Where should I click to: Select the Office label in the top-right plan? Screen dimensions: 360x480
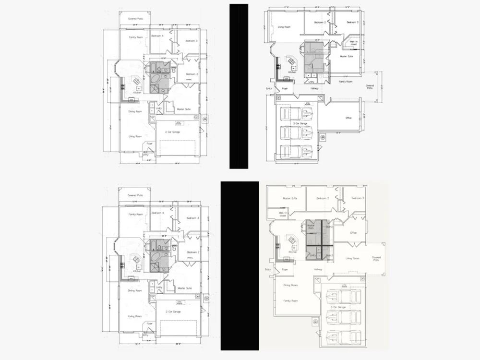tap(348, 117)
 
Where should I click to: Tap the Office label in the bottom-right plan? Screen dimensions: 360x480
tap(353, 233)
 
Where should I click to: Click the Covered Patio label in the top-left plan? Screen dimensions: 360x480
tap(136, 19)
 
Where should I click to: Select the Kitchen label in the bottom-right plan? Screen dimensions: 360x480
tap(293, 252)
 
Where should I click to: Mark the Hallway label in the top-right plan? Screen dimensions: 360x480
tap(314, 88)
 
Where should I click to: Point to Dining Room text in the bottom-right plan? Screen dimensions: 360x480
tap(290, 285)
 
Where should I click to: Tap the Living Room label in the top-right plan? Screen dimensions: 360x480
tap(284, 27)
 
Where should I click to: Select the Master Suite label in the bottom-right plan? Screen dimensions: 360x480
tap(290, 198)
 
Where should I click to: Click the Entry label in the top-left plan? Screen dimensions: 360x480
tap(145, 155)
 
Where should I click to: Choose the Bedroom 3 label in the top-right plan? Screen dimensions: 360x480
tap(353, 22)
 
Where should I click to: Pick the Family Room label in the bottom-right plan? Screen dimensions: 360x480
tap(290, 300)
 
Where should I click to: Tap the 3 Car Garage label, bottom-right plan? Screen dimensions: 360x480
tap(338, 307)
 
